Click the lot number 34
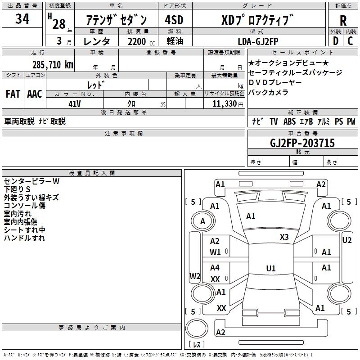pos(22,19)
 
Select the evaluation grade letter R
pos(343,21)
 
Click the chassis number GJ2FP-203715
pos(302,143)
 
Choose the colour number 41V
pos(75,103)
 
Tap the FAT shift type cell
pos(13,94)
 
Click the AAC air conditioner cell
pos(35,94)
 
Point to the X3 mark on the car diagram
pos(284,237)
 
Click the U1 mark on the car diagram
pos(270,269)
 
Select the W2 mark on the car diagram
pos(194,276)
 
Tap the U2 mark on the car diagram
pos(347,240)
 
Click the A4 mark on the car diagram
pos(215,268)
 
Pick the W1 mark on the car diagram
pos(216,252)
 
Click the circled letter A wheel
pos(202,221)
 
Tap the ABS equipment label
pos(289,121)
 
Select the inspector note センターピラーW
pos(31,181)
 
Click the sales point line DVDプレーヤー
pos(275,82)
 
